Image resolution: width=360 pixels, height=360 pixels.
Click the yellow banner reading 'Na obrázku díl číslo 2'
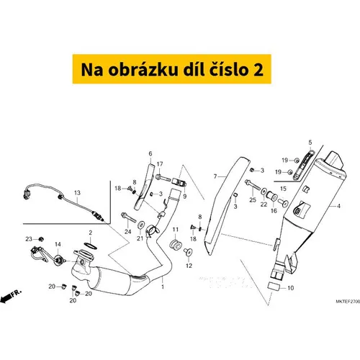pyautogui.click(x=172, y=69)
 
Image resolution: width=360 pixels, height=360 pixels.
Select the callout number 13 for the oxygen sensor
pyautogui.click(x=77, y=193)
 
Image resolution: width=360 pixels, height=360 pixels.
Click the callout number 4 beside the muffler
pyautogui.click(x=338, y=206)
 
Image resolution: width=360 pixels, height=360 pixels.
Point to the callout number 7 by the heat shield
pyautogui.click(x=215, y=176)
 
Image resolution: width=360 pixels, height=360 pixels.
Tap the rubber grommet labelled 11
pyautogui.click(x=176, y=245)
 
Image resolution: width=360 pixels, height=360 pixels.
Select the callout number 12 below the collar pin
pyautogui.click(x=189, y=266)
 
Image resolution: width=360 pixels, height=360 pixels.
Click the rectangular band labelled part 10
pyautogui.click(x=274, y=287)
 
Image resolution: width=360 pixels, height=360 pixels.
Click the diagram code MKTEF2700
pyautogui.click(x=348, y=301)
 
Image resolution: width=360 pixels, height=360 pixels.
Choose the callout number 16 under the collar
pyautogui.click(x=274, y=211)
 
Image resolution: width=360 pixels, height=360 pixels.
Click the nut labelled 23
pyautogui.click(x=41, y=239)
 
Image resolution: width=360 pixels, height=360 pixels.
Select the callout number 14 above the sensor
pyautogui.click(x=58, y=244)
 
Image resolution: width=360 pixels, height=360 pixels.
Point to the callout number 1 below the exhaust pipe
pyautogui.click(x=163, y=287)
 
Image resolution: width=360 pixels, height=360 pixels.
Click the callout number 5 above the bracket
pyautogui.click(x=310, y=143)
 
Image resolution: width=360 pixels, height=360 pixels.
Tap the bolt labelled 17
pyautogui.click(x=163, y=178)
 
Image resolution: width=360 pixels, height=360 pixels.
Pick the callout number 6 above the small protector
pyautogui.click(x=150, y=153)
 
